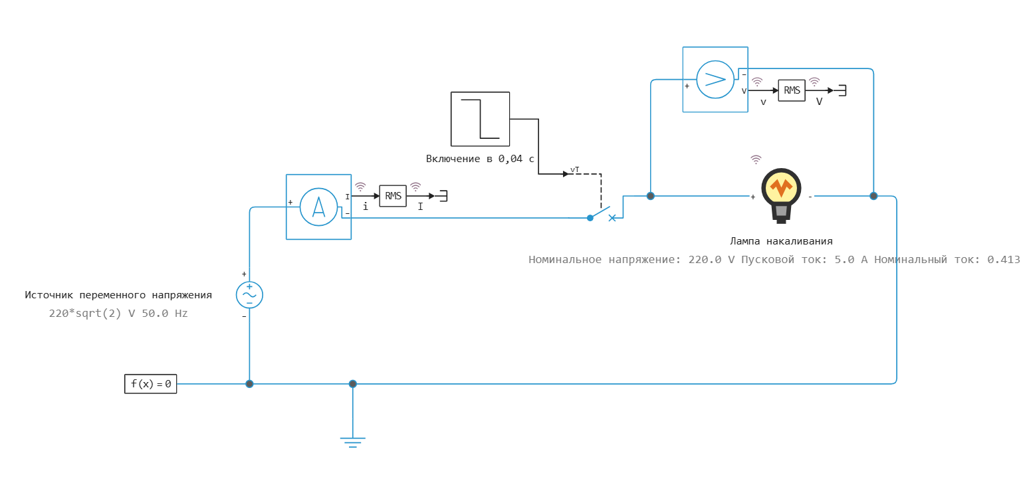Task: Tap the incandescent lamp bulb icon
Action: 781,196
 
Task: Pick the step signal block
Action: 481,119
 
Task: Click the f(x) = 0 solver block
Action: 150,384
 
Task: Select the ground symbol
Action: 353,442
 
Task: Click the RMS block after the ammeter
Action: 393,196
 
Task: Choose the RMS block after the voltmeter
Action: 792,90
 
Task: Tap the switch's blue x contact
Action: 612,218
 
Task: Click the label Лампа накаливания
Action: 781,241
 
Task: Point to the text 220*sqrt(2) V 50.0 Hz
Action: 118,314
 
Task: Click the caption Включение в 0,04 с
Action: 480,159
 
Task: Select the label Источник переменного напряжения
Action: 118,295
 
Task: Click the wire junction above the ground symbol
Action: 353,384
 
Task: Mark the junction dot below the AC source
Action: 249,384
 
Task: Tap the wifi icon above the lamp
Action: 756,159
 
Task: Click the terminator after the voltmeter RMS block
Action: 842,90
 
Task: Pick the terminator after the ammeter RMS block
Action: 443,196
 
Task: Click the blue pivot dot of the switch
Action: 590,218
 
